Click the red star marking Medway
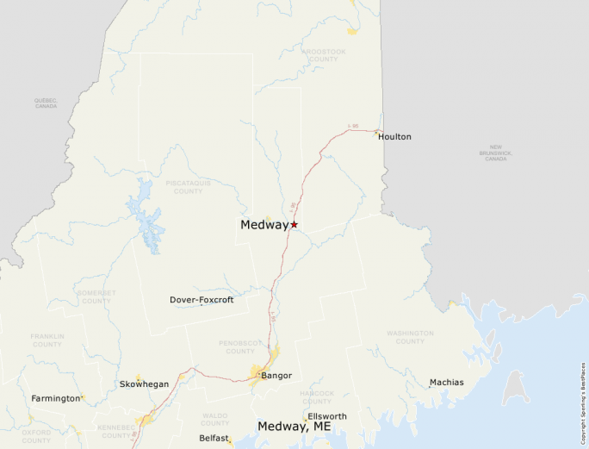294,224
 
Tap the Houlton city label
394,136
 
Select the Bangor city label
276,376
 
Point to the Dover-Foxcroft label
201,300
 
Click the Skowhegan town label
144,384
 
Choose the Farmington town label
56,398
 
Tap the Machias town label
446,382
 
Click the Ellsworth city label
326,416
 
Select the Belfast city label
214,438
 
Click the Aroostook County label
324,55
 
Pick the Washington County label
410,337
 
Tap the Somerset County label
96,296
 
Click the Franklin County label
46,340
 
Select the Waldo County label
214,419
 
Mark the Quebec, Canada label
46,103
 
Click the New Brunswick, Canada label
496,153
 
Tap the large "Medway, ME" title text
294,426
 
